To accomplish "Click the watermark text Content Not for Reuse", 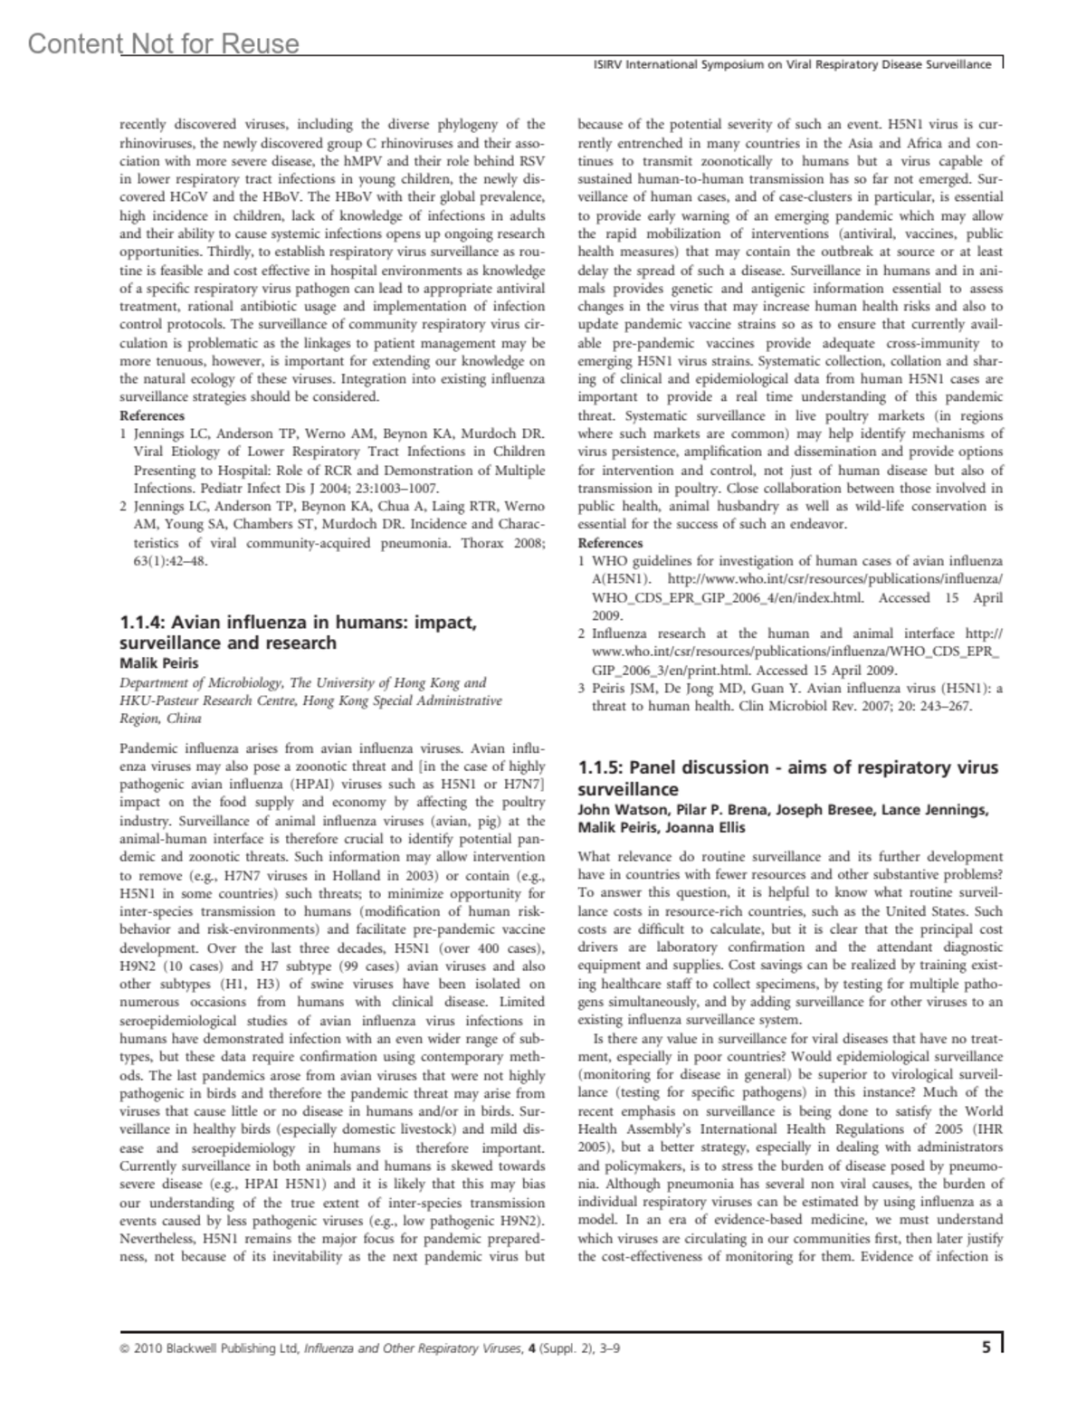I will tap(163, 43).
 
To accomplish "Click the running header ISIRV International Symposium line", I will tap(786, 65).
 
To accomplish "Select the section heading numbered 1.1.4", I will tap(298, 633).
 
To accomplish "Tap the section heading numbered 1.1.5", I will tap(787, 777).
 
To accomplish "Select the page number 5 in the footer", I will tap(986, 1347).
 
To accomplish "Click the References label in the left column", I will tap(152, 415).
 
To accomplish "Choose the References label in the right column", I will tap(610, 543).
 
